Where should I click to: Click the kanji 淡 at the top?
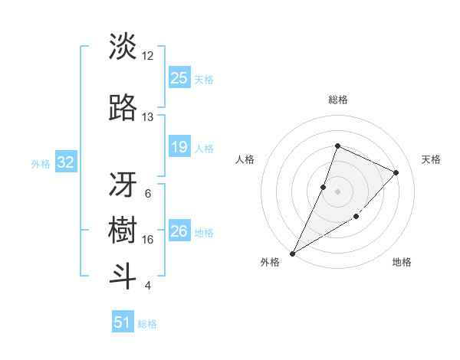click(123, 47)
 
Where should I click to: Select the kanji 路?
click(123, 109)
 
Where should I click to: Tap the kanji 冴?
click(123, 185)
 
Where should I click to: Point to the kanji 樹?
click(123, 231)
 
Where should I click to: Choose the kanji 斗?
click(123, 277)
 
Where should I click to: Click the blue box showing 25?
click(179, 78)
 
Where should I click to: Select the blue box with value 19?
click(179, 147)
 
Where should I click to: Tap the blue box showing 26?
click(179, 231)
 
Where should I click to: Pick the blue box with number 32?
click(65, 162)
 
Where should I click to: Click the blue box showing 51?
click(123, 322)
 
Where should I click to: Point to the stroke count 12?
click(148, 55)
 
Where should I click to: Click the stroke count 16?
click(148, 239)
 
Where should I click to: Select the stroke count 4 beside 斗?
click(148, 286)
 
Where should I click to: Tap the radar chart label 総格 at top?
click(337, 100)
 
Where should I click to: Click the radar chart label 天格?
click(431, 159)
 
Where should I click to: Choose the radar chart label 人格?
click(245, 159)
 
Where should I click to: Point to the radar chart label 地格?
click(402, 262)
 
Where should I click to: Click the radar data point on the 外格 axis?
click(293, 253)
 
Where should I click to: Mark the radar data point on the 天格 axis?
click(396, 172)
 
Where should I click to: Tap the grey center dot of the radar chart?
click(337, 191)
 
